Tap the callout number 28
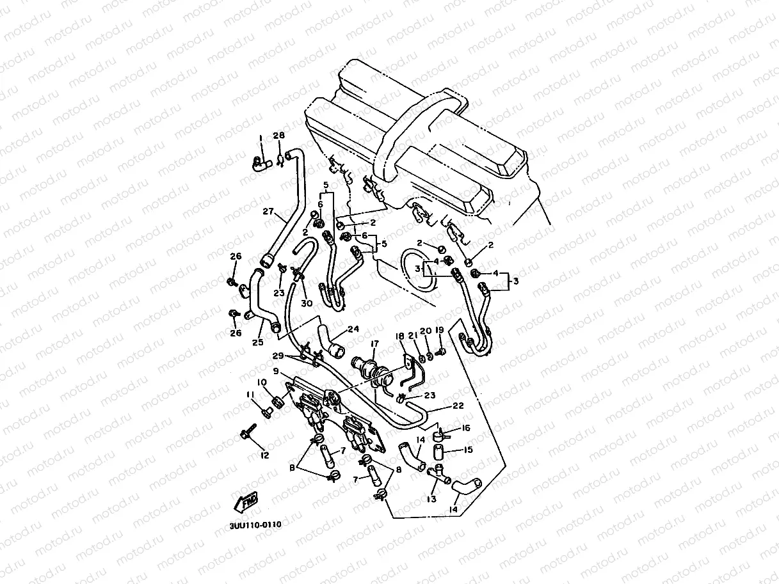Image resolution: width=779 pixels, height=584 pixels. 278,136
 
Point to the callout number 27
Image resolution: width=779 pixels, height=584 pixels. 269,211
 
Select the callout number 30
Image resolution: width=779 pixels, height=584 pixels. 307,303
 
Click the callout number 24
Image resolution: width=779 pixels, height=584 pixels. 353,330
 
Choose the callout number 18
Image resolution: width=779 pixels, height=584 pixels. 400,336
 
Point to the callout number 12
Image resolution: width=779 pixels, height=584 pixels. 264,455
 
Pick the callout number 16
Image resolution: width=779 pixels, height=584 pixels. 466,428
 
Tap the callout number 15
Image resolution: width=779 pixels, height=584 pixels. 468,450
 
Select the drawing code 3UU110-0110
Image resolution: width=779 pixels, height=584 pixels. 255,525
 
